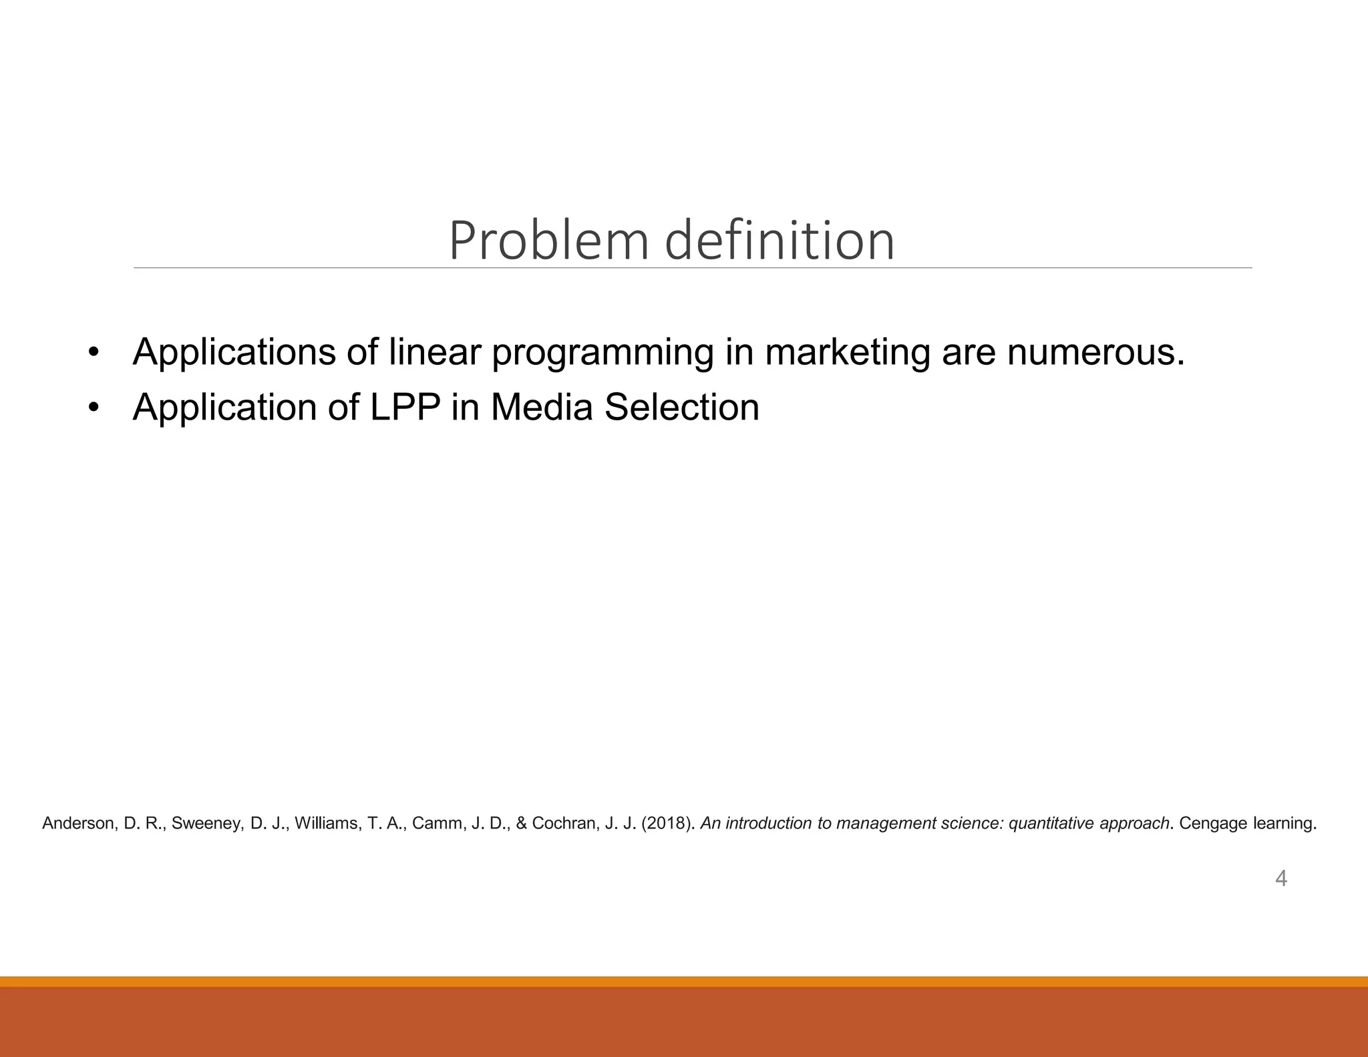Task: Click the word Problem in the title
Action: (548, 241)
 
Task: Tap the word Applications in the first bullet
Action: (233, 352)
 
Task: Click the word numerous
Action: (1095, 352)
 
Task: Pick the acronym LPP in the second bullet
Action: (405, 407)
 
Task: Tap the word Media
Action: (542, 407)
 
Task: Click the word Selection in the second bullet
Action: (681, 407)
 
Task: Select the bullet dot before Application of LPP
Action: (94, 407)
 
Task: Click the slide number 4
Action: (1280, 878)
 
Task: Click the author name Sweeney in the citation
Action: (208, 824)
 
